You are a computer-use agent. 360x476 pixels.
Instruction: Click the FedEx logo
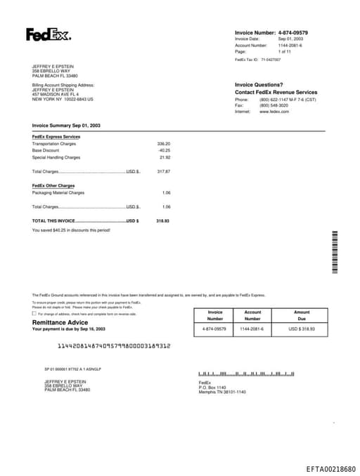click(49, 34)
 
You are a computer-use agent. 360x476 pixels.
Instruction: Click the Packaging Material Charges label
click(58, 192)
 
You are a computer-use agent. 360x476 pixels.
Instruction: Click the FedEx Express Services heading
click(56, 136)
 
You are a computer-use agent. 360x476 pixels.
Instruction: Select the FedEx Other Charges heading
click(53, 185)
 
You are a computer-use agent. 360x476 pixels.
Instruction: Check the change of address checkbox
click(34, 314)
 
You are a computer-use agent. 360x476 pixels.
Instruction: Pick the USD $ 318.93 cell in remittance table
click(302, 329)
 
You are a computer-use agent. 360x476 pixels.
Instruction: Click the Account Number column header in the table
click(252, 315)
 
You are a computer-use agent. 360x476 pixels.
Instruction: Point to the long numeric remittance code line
click(113, 345)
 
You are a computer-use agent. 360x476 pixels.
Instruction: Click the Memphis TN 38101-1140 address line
click(222, 392)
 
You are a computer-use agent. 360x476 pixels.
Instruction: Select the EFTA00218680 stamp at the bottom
click(330, 468)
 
